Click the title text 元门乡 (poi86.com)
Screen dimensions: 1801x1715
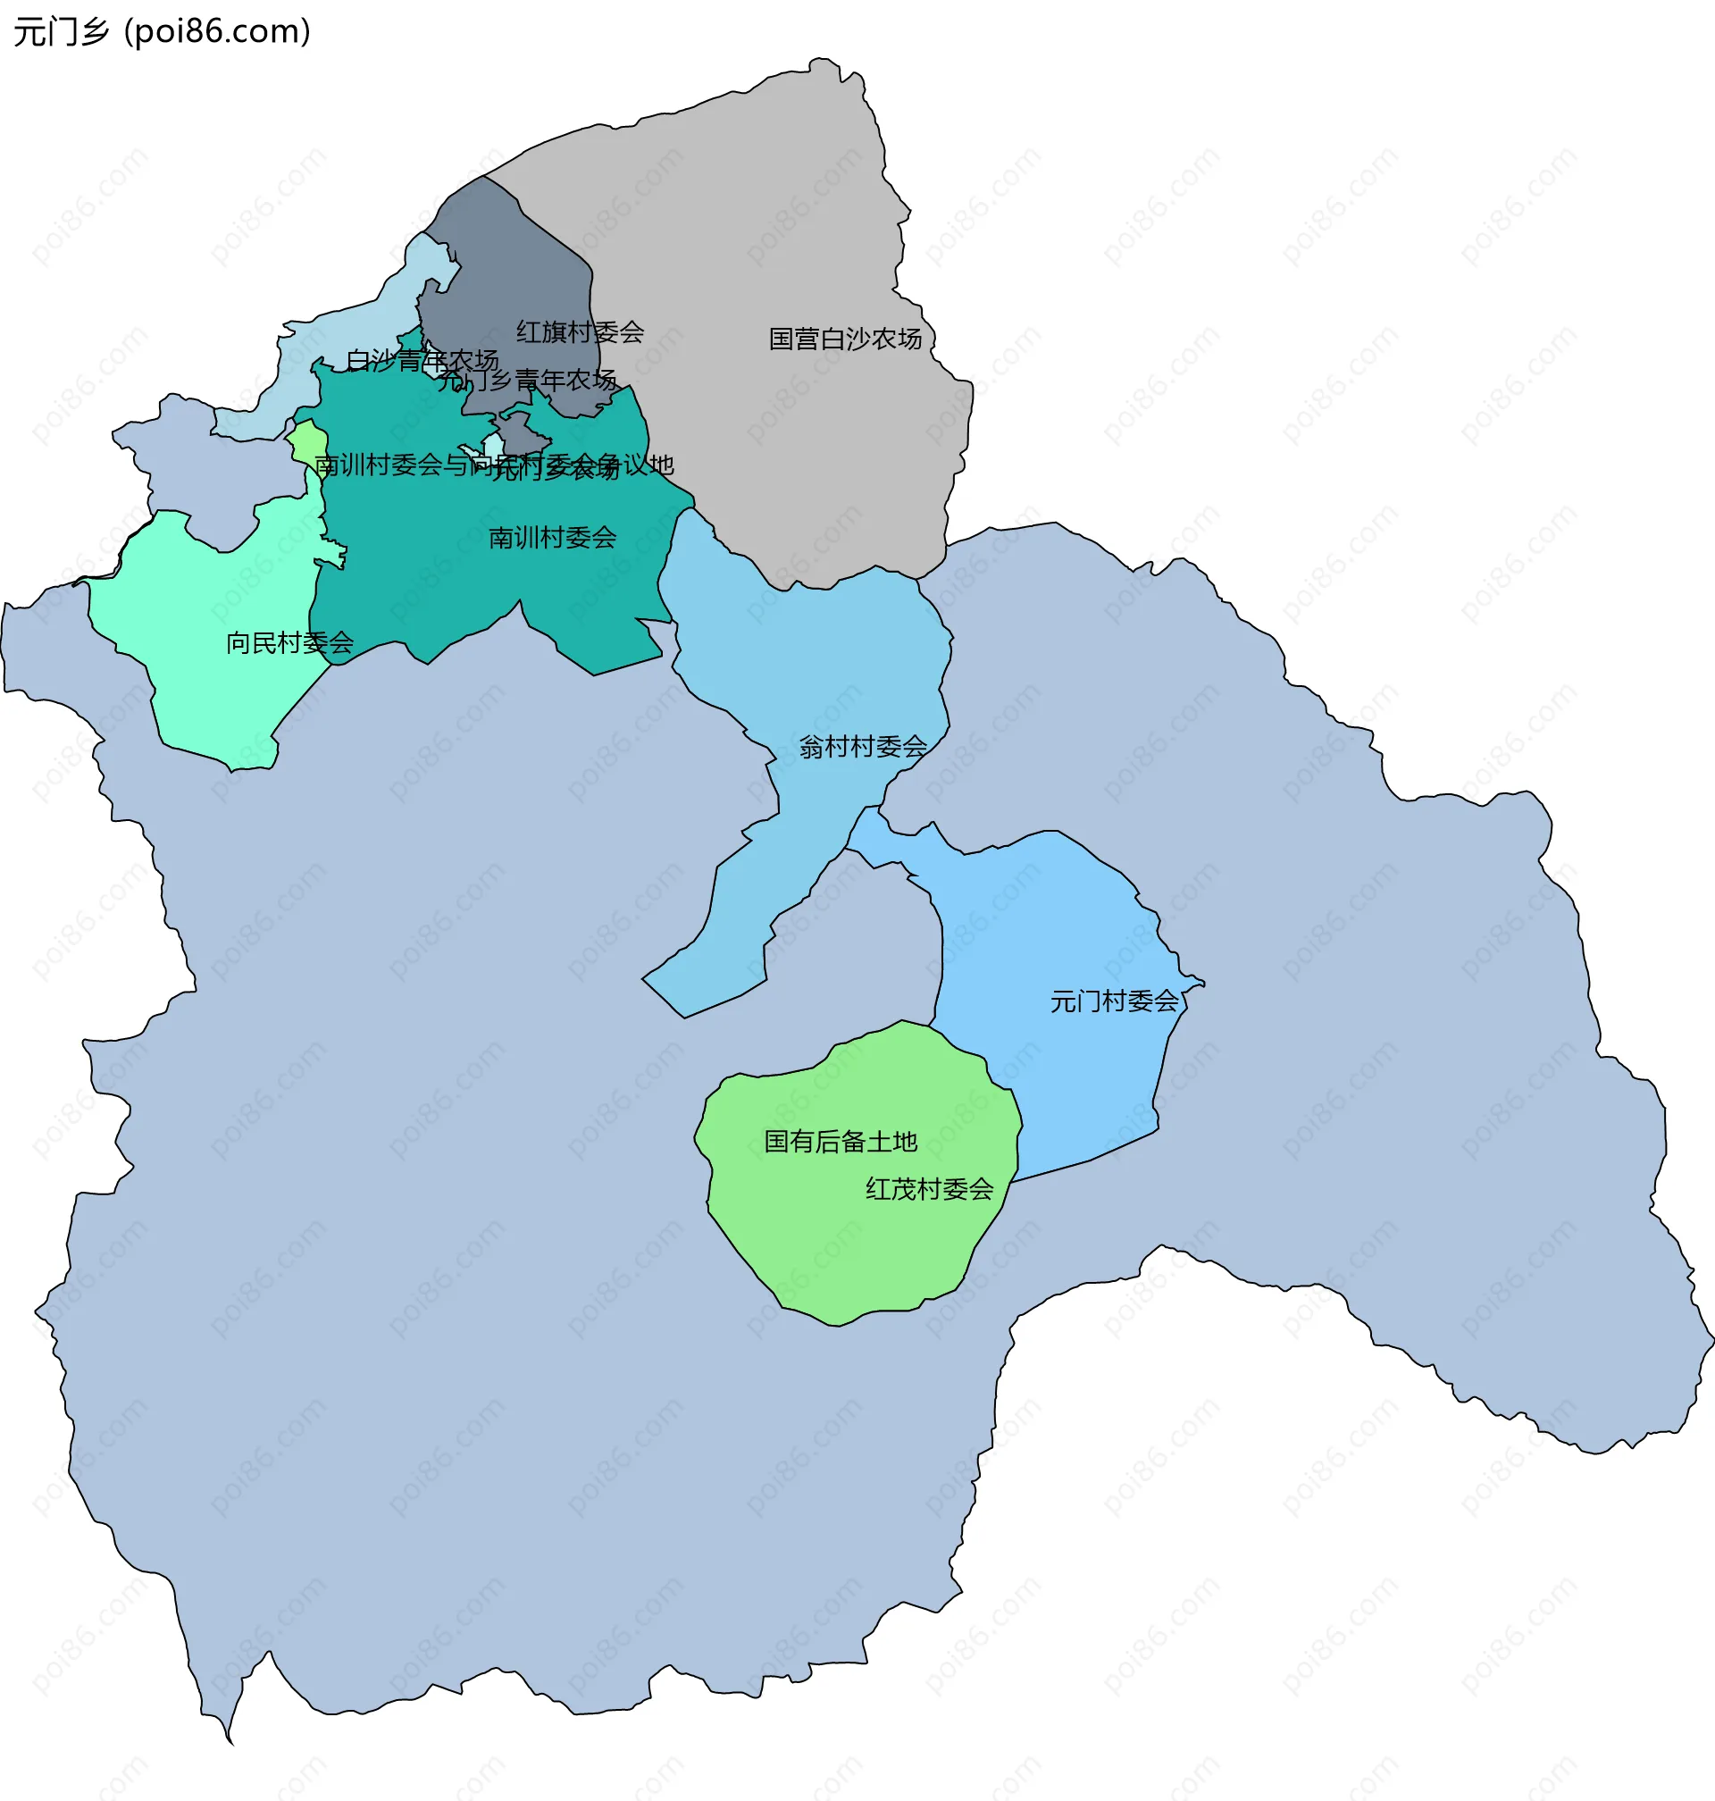click(162, 32)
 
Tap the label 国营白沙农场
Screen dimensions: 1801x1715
click(845, 339)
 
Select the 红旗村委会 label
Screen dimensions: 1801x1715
click(580, 331)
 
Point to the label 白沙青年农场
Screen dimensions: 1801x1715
click(422, 361)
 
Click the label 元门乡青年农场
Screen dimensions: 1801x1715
click(527, 381)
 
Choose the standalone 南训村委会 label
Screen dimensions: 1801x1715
click(552, 538)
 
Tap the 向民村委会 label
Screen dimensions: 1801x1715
click(289, 642)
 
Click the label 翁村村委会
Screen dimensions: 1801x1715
click(862, 747)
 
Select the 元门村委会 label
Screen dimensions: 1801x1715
click(1114, 1001)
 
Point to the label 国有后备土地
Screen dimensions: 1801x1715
click(841, 1141)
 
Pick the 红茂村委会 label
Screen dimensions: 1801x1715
click(929, 1188)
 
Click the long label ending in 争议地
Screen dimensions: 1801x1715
click(494, 465)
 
